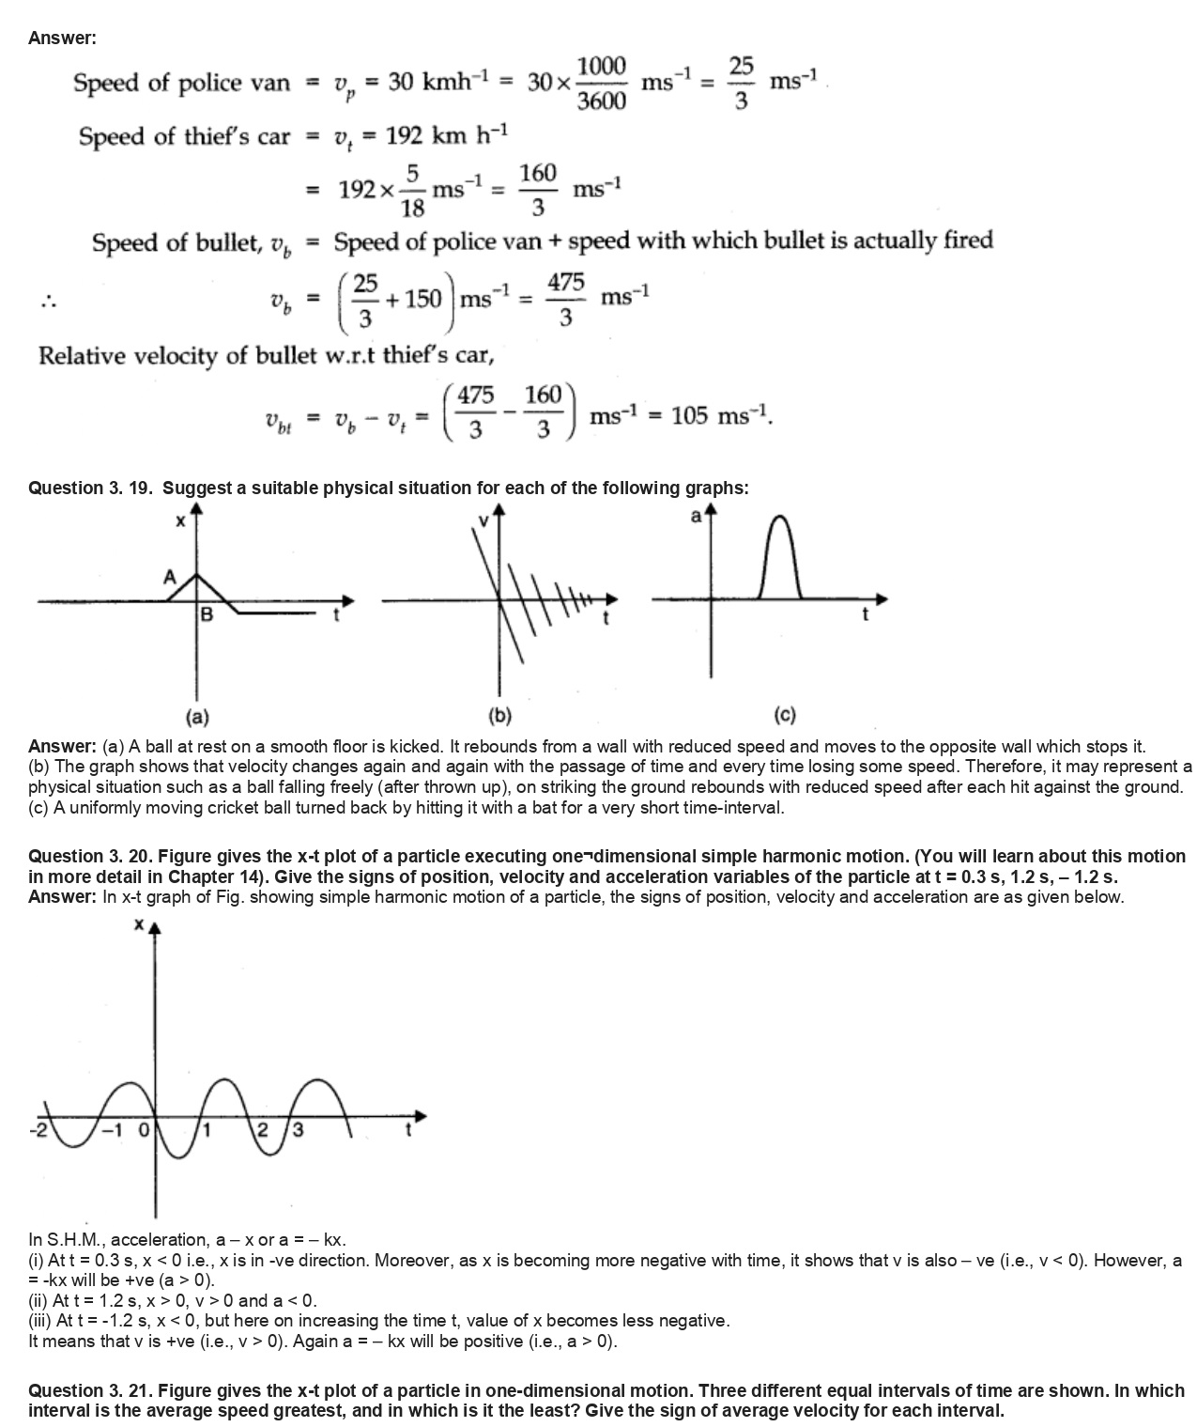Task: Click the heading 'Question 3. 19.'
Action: coord(92,488)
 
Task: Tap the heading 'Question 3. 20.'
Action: coord(90,856)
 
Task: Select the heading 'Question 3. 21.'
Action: coord(90,1390)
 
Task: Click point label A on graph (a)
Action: coord(170,577)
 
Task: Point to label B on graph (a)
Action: coord(207,615)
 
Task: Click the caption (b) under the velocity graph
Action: coord(499,717)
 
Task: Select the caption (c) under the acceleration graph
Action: coord(785,717)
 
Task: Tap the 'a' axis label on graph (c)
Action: coord(696,516)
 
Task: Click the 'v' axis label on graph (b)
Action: coord(484,520)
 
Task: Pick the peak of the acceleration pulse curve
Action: coord(780,518)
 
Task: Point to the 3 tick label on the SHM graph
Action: coord(299,1130)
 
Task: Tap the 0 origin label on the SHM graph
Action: coord(144,1130)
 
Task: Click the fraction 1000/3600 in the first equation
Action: coord(601,83)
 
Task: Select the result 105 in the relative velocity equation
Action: coord(689,415)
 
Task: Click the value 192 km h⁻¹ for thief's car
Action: coord(446,136)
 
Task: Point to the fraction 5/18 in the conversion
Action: coord(412,191)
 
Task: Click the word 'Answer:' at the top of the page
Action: coord(62,39)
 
